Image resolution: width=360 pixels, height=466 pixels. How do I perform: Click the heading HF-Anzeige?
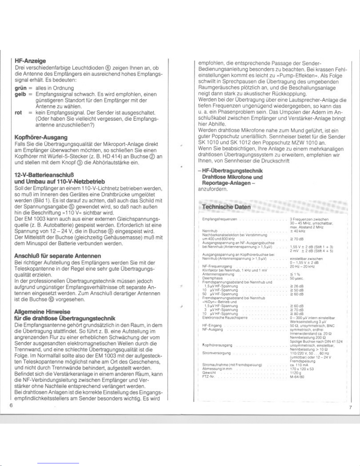(30, 61)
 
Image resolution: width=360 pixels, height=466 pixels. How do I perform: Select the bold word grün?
(21, 88)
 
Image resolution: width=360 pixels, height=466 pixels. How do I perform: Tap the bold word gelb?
(21, 94)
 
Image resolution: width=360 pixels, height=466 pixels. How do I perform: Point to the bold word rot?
(18, 113)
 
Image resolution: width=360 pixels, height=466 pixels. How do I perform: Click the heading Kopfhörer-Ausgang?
(41, 137)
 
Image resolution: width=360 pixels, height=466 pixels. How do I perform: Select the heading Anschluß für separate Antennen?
(58, 256)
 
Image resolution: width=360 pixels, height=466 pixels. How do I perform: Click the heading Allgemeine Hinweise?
(42, 312)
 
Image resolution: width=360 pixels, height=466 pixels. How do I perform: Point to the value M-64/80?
(297, 376)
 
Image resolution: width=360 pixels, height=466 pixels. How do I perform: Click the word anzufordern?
(213, 189)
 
